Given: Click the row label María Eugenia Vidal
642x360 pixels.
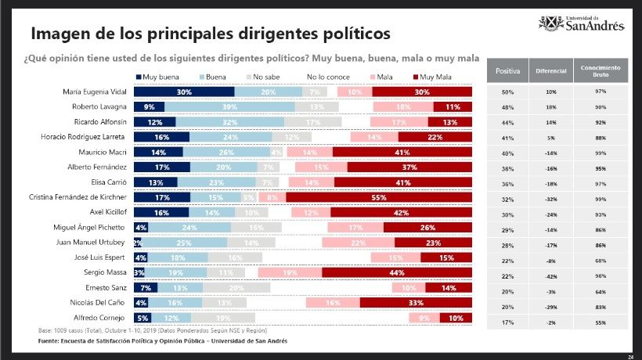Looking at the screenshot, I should [x=92, y=92].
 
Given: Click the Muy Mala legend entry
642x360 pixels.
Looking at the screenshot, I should [x=435, y=77].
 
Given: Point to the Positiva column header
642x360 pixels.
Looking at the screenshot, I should [x=507, y=71].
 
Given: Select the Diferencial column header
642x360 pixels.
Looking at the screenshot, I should [x=551, y=71].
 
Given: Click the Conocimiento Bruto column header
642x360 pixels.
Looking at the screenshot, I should [x=601, y=71].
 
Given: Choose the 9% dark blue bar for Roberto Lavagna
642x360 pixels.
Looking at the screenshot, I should [x=149, y=106].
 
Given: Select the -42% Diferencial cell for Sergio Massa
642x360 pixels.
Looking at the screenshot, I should [x=551, y=276].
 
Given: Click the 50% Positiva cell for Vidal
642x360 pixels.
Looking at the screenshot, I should [x=507, y=92].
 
